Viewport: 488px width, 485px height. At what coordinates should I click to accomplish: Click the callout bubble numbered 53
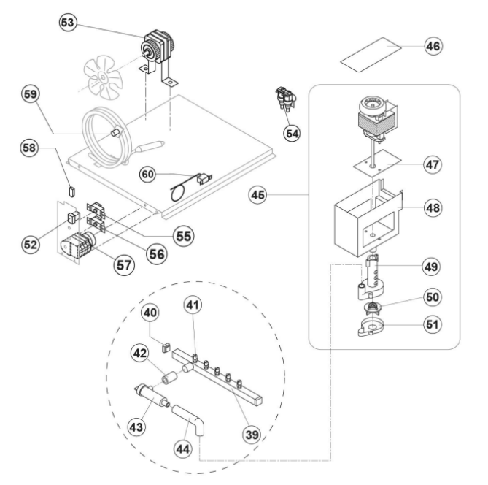click(x=68, y=23)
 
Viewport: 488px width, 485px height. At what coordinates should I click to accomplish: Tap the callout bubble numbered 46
click(x=433, y=46)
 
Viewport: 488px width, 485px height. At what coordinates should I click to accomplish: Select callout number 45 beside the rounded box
click(x=257, y=195)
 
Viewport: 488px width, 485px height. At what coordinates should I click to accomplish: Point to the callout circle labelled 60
click(x=147, y=175)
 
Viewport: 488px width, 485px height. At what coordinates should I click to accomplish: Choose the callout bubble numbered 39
click(x=252, y=435)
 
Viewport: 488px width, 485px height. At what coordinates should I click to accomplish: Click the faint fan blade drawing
click(x=102, y=76)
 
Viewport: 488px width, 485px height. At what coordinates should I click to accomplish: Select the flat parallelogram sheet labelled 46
click(x=371, y=55)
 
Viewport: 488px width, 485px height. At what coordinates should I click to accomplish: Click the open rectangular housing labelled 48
click(x=368, y=218)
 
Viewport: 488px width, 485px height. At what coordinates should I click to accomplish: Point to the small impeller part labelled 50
click(x=371, y=308)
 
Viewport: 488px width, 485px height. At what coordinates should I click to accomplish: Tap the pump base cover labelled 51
click(x=371, y=327)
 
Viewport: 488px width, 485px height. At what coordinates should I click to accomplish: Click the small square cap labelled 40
click(x=166, y=347)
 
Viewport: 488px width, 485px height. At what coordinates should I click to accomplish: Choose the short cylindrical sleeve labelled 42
click(x=169, y=378)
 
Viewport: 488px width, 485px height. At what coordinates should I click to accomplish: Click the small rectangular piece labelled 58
click(x=71, y=191)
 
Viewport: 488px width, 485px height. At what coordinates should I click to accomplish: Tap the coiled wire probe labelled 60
click(x=190, y=187)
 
